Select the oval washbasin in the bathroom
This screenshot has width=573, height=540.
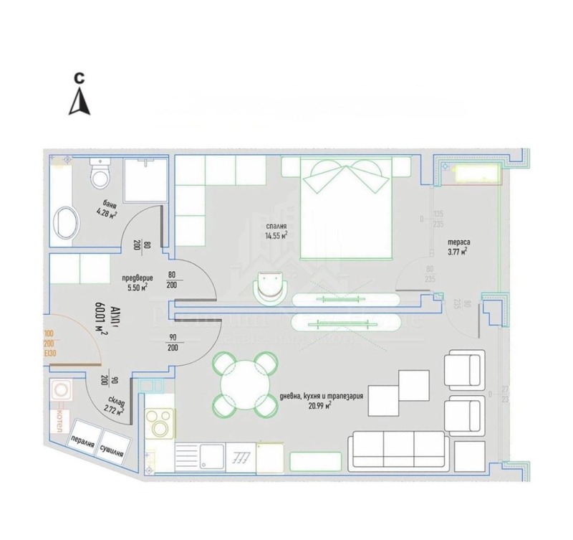click(x=67, y=222)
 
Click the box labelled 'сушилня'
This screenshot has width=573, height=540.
click(x=114, y=449)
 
